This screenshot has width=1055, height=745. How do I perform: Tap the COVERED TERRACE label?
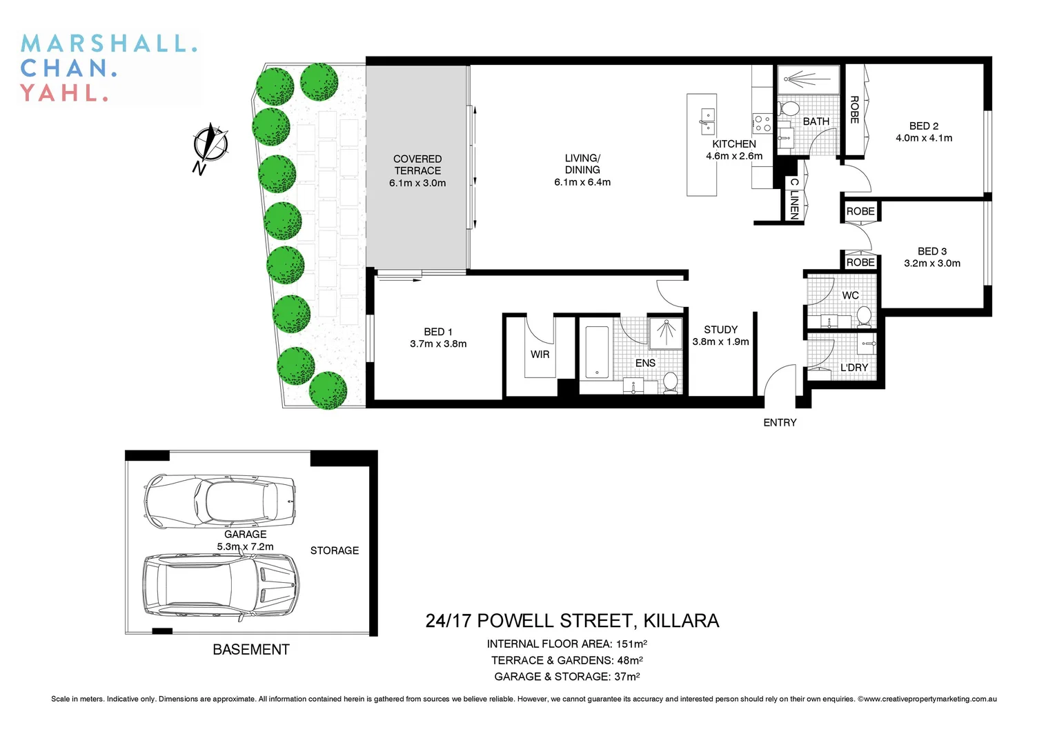pos(417,165)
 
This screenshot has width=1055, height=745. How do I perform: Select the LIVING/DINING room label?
pos(582,164)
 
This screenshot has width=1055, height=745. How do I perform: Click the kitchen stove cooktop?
pos(762,123)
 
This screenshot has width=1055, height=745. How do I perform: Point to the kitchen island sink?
pos(707,121)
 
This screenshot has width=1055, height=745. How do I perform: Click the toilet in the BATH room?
pos(789,109)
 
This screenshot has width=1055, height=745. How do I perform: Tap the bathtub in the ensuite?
pos(597,352)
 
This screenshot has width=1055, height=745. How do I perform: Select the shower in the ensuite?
pos(665,333)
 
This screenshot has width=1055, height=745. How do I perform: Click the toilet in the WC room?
pos(863,317)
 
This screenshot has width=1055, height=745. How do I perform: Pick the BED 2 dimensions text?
pos(924,138)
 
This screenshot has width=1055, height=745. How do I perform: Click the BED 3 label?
pos(932,251)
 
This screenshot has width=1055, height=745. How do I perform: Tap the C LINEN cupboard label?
pos(794,199)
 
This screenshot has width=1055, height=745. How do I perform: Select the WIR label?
pos(540,354)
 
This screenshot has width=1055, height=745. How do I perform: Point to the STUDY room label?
pos(720,330)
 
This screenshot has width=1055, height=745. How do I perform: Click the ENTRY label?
pos(780,422)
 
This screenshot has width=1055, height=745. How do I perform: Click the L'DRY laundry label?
pos(854,368)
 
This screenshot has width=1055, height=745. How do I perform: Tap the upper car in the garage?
pos(219,499)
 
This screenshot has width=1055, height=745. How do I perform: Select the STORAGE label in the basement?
pos(335,550)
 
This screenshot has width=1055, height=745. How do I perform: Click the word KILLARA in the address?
pos(681,621)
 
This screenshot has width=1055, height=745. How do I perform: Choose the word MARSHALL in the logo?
pos(109,43)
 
